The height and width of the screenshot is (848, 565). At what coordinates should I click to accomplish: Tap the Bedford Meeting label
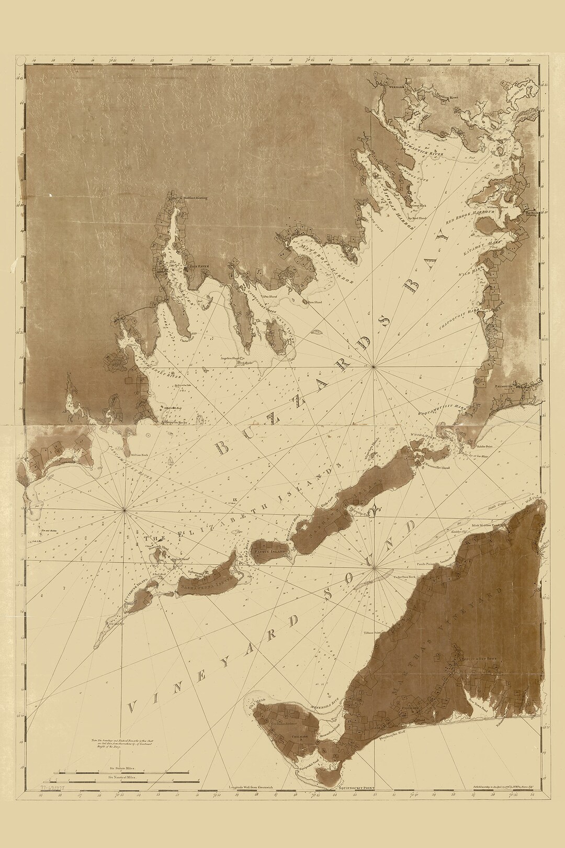tap(195, 198)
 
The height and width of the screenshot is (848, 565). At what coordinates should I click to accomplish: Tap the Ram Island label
tap(314, 302)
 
